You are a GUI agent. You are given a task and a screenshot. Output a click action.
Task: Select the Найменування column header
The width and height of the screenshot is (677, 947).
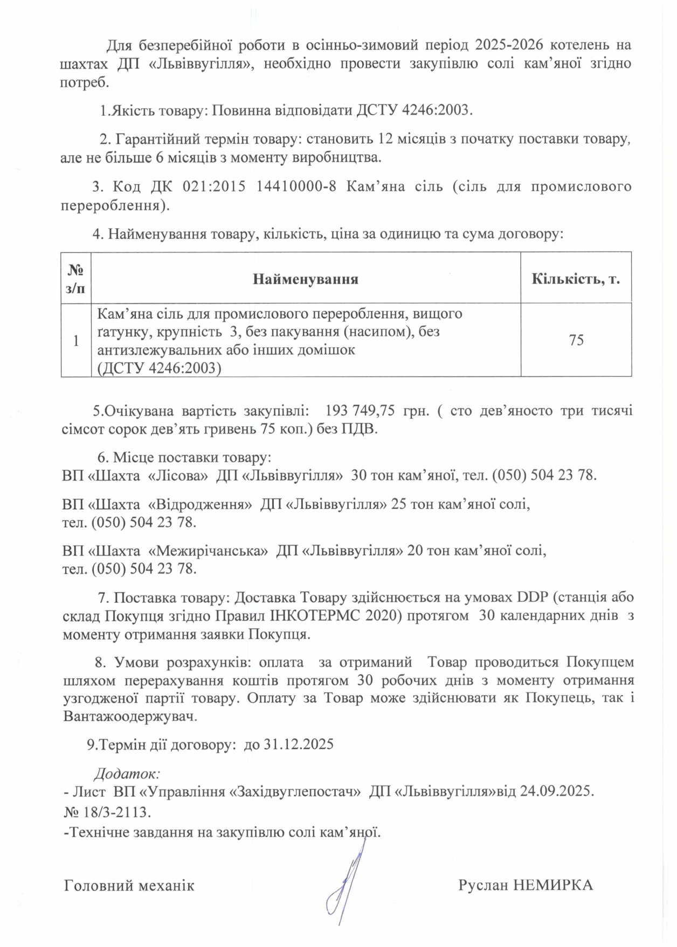(x=306, y=279)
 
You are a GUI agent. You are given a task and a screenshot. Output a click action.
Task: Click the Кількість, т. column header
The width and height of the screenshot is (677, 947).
(x=576, y=279)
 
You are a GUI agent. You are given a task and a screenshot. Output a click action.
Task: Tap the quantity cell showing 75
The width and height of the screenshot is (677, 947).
(x=576, y=340)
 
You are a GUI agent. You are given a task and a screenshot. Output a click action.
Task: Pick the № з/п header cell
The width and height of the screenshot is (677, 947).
(x=76, y=279)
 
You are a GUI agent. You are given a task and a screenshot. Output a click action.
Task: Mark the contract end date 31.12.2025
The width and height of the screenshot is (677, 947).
(x=299, y=745)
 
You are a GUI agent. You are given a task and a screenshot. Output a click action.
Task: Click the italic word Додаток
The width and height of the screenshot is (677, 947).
(x=127, y=774)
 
